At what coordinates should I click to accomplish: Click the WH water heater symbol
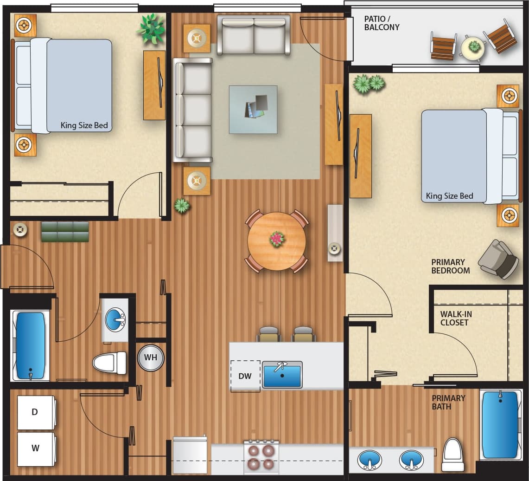(151, 358)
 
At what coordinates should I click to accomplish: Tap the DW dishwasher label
(245, 376)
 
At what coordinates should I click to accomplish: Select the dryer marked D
(36, 412)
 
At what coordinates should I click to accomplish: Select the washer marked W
(36, 448)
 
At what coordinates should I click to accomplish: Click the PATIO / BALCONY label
(382, 23)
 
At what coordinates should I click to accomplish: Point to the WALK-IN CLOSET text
(456, 318)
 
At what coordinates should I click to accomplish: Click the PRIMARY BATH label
(448, 402)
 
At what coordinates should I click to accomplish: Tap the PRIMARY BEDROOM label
(450, 266)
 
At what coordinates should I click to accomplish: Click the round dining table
(276, 241)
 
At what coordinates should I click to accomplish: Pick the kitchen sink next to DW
(282, 375)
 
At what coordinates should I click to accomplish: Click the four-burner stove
(261, 457)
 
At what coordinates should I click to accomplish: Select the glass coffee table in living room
(253, 110)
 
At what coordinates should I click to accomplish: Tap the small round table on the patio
(473, 48)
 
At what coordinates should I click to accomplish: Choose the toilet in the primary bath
(453, 455)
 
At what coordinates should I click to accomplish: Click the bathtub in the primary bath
(500, 425)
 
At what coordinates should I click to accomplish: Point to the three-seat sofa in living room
(192, 110)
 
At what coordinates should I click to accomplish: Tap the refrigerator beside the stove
(190, 455)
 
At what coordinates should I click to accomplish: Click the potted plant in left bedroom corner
(151, 28)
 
